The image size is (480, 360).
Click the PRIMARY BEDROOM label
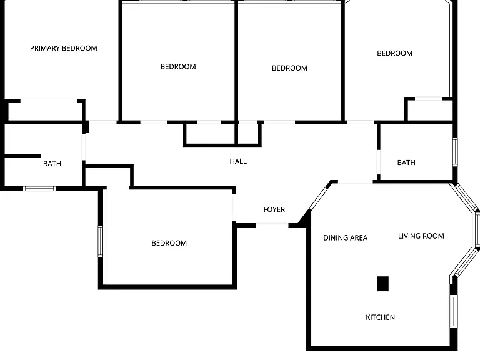[x=64, y=48]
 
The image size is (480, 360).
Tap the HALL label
[x=238, y=161]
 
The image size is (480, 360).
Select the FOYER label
[x=274, y=209]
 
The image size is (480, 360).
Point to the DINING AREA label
[x=345, y=238]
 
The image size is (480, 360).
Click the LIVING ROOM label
[x=421, y=236]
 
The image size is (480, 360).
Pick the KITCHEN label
[x=380, y=317]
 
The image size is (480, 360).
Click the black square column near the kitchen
[x=383, y=284]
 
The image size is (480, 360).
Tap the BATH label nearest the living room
[x=406, y=162]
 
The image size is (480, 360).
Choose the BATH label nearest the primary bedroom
[x=52, y=164]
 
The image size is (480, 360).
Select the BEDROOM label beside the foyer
[x=169, y=243]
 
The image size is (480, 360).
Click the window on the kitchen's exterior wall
[x=454, y=311]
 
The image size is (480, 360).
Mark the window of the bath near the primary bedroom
[x=39, y=188]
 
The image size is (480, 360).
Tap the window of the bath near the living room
[x=455, y=152]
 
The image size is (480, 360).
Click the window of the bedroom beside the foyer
[x=100, y=241]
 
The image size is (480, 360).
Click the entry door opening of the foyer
[x=272, y=225]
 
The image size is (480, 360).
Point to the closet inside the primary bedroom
[x=45, y=110]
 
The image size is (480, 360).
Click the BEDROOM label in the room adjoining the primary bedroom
[x=178, y=67]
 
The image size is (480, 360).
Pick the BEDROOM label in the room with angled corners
[x=394, y=53]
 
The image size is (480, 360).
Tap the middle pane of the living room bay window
[x=477, y=229]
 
